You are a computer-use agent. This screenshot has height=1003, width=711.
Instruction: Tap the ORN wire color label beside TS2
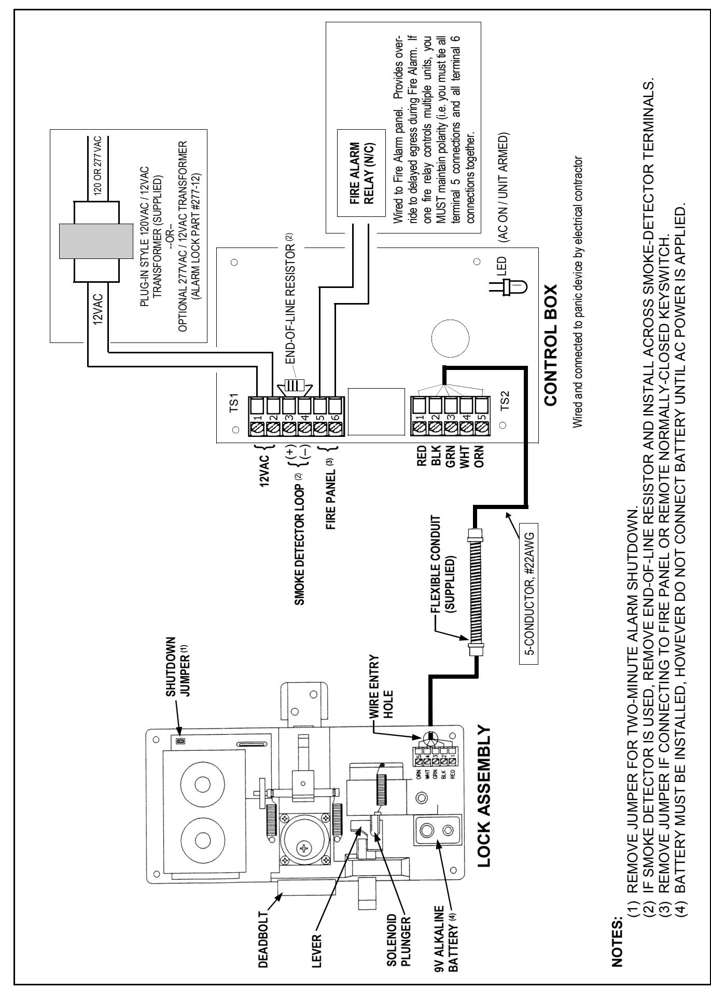[482, 457]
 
